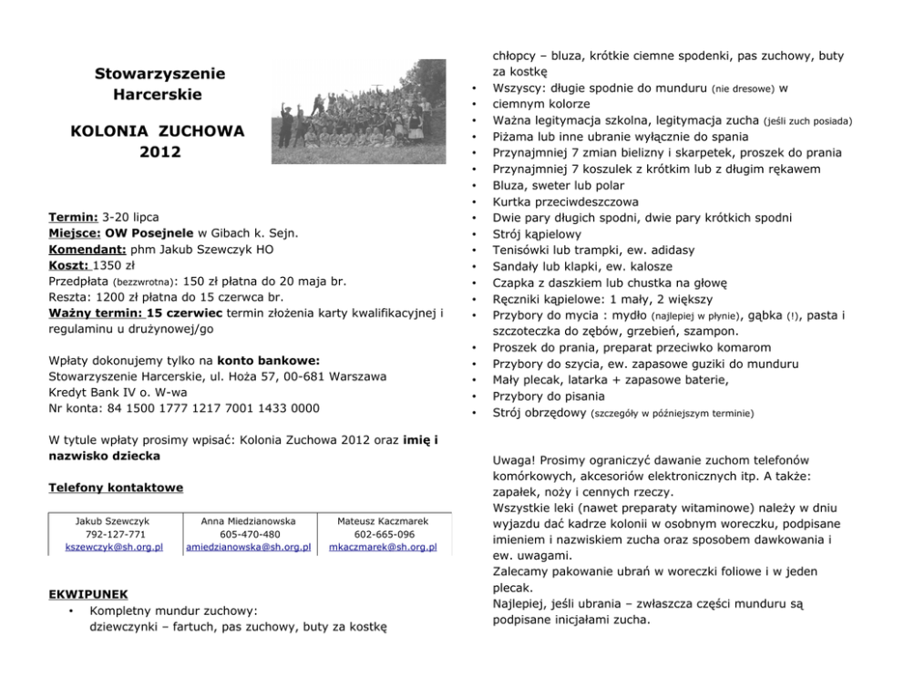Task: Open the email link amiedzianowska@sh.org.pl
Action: coord(248,548)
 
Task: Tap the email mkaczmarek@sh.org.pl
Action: coord(382,548)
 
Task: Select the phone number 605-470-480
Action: coord(249,534)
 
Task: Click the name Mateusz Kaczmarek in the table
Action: coord(382,521)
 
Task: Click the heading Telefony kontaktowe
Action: coord(115,488)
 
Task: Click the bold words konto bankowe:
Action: coord(268,359)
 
